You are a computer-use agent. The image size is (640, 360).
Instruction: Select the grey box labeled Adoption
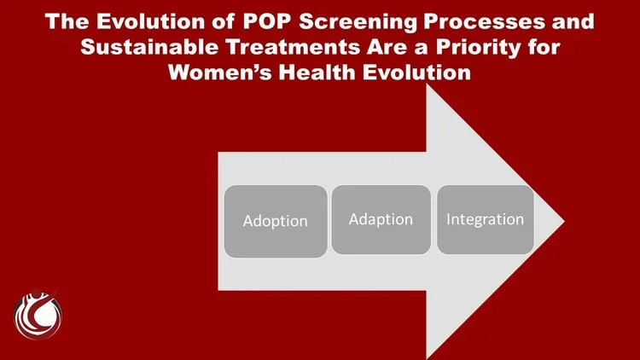275,221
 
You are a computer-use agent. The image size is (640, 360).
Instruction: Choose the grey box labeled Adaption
381,219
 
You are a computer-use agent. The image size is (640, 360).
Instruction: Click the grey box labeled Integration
485,219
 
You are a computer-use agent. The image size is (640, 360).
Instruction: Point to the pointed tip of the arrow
562,222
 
